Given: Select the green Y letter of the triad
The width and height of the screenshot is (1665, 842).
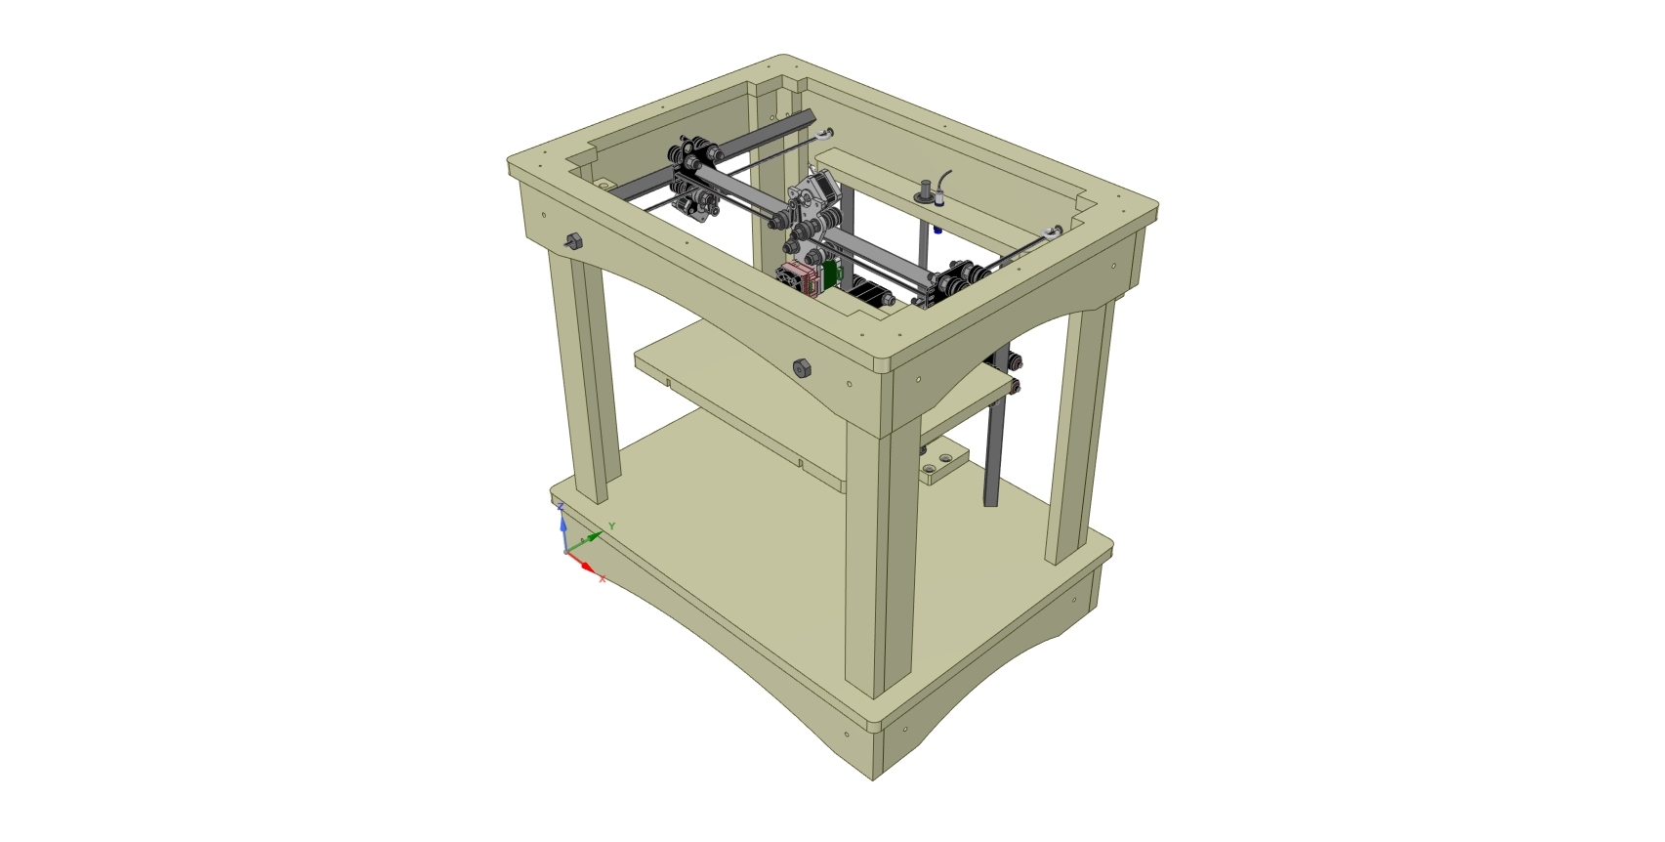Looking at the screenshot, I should [x=612, y=526].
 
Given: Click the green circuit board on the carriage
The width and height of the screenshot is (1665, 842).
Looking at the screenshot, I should [x=831, y=274].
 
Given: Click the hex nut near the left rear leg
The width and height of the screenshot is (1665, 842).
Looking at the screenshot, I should [x=573, y=241].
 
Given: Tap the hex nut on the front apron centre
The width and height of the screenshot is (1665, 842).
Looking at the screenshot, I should [x=801, y=369].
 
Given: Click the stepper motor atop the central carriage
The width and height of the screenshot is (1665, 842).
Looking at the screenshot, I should [x=818, y=185].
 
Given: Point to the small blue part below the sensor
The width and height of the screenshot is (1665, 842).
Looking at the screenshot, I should [x=937, y=231].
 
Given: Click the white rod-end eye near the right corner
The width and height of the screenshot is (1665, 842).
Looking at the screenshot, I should [x=1051, y=232].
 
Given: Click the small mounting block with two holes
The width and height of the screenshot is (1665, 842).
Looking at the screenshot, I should [x=943, y=463].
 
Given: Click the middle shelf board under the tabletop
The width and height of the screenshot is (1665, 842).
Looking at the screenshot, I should [x=742, y=391].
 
